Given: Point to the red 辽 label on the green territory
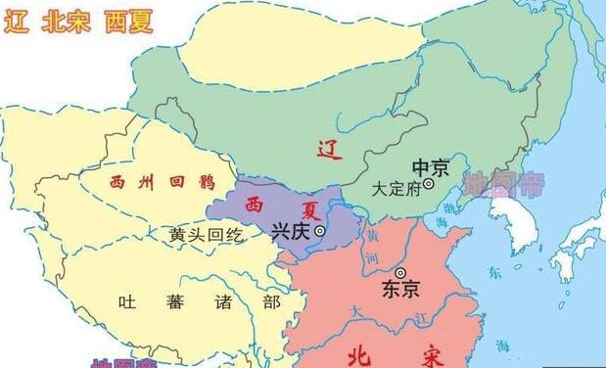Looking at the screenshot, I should click(x=327, y=148).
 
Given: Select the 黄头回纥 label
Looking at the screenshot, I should click(x=205, y=235).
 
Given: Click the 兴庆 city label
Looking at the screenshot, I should click(x=290, y=231).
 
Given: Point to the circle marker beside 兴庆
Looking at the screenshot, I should click(x=319, y=232).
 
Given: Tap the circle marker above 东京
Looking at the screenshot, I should click(x=399, y=271).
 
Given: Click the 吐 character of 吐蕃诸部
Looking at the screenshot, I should click(x=124, y=301).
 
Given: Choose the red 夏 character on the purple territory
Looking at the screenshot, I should click(x=309, y=209).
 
